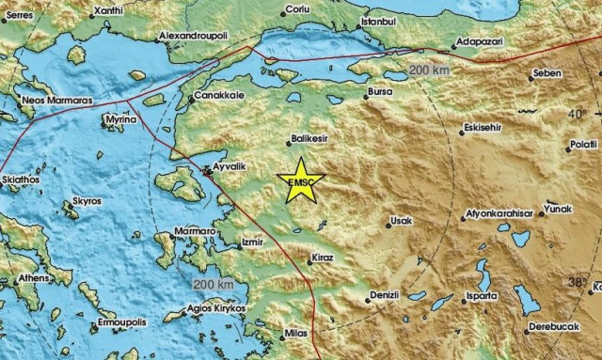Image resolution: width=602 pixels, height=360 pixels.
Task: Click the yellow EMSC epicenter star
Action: click(x=303, y=181)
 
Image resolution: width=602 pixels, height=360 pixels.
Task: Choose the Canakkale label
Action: click(x=217, y=97)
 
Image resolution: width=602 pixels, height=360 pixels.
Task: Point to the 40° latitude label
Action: click(x=576, y=114)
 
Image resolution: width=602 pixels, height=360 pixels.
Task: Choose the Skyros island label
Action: click(x=87, y=202)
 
